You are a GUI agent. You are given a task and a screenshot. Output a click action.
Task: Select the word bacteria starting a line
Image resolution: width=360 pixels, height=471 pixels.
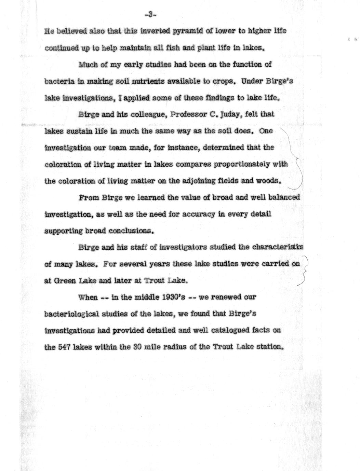(x=57, y=81)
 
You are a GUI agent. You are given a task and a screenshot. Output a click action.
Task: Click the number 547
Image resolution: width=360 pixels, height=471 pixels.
(x=64, y=347)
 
